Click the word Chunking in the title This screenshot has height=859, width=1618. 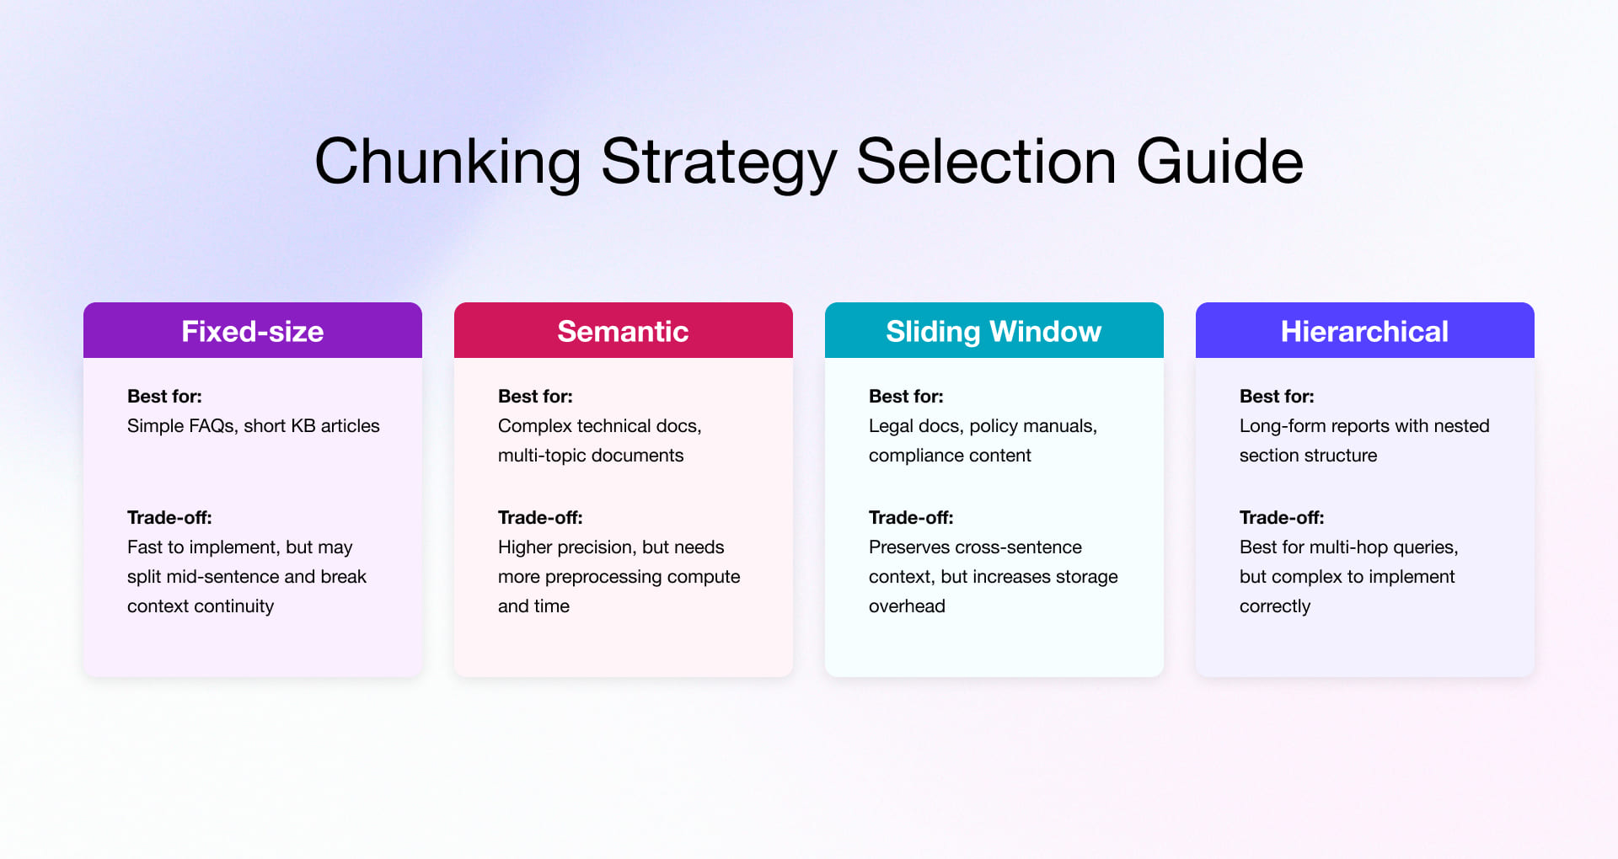click(447, 162)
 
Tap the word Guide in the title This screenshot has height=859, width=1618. click(1219, 162)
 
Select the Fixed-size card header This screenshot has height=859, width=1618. click(253, 331)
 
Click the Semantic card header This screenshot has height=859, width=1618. click(623, 331)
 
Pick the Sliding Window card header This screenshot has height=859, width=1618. click(994, 331)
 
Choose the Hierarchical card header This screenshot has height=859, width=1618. click(1364, 331)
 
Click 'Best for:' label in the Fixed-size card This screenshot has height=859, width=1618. click(164, 396)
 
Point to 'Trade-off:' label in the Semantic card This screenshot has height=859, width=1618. click(540, 517)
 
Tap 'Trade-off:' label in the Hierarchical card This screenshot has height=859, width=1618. click(1282, 517)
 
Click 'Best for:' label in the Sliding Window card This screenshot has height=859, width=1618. click(906, 396)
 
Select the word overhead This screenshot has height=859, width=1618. click(907, 606)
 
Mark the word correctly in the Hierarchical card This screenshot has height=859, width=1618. click(1275, 606)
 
